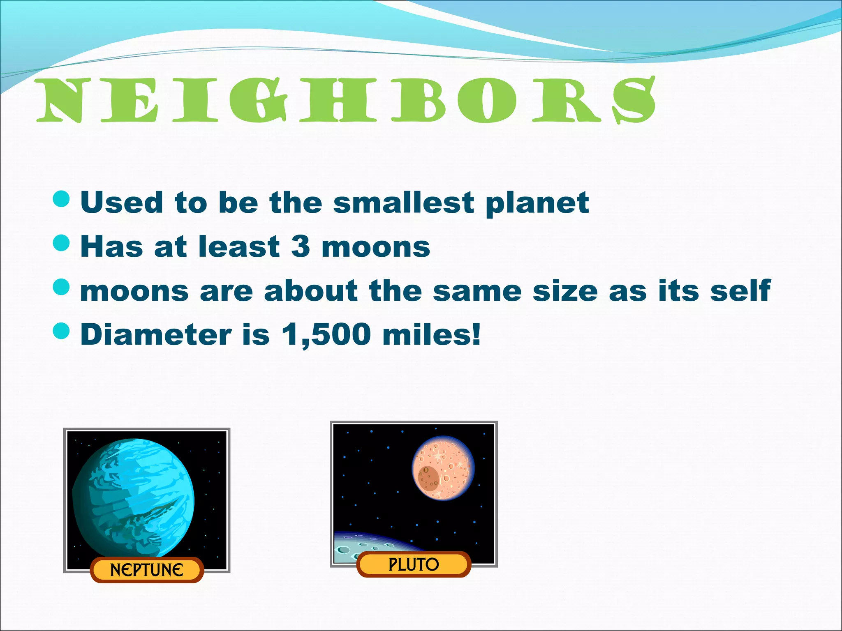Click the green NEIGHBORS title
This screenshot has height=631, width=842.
point(345,101)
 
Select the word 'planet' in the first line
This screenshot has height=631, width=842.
point(537,203)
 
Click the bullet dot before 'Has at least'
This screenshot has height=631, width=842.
point(62,243)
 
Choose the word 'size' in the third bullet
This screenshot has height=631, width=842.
point(565,290)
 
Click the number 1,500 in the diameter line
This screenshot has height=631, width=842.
point(326,335)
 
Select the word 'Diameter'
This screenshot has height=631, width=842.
point(155,334)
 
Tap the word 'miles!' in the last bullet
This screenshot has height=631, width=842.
point(431,334)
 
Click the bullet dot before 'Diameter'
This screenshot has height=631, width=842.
point(62,331)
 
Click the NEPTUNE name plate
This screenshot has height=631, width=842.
point(147,570)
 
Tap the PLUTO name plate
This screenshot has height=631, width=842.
point(414,564)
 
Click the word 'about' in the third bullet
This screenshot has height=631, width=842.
point(311,290)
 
